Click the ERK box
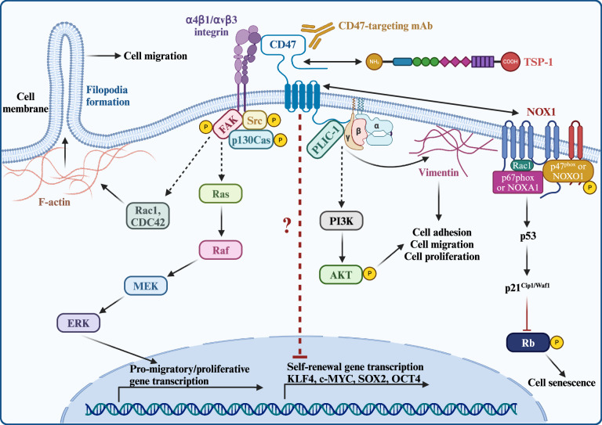77,321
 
